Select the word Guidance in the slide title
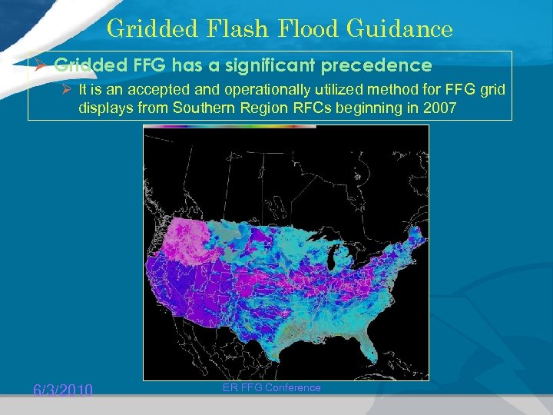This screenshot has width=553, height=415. click(x=400, y=28)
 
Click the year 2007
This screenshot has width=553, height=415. click(x=441, y=108)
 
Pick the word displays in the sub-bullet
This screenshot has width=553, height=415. click(x=105, y=108)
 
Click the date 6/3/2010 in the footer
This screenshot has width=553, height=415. click(x=63, y=390)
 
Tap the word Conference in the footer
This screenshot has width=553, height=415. click(x=290, y=387)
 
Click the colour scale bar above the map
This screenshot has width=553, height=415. click(x=230, y=127)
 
